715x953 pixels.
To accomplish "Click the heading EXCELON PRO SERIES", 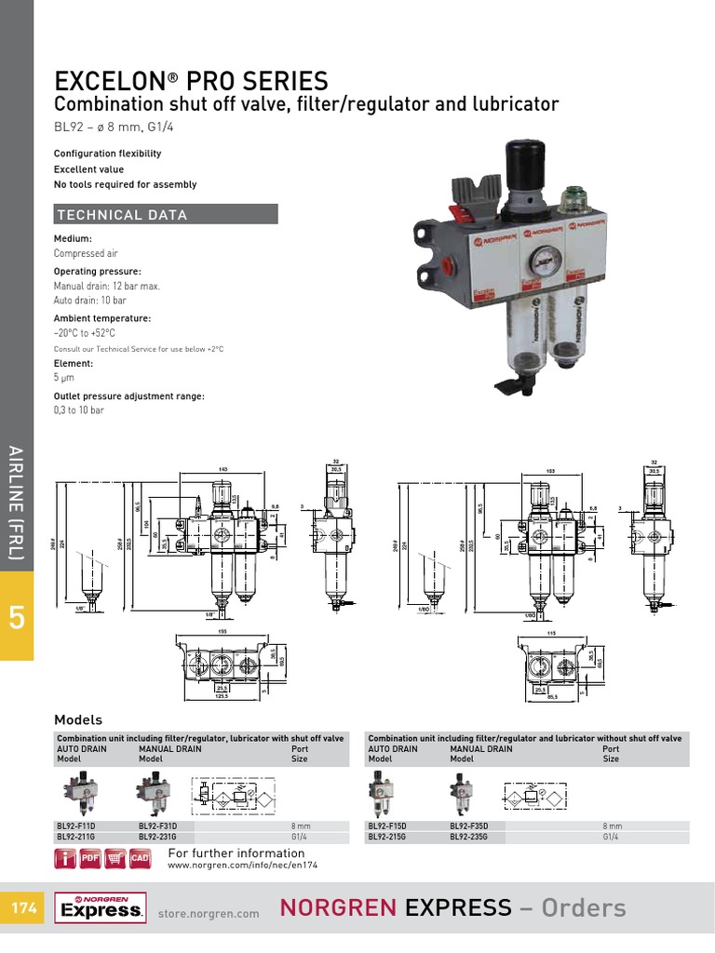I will coord(191,80).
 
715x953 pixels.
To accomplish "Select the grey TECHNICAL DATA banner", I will coord(166,215).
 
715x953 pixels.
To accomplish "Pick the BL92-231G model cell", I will coord(157,837).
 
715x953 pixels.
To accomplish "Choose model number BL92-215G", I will coord(386,837).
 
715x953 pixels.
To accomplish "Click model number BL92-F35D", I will coord(469,825).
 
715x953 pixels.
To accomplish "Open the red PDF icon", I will coord(90,858).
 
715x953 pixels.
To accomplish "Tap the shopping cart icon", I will coord(115,858).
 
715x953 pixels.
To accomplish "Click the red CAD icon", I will coord(140,858).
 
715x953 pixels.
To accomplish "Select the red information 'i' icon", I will coord(66,858).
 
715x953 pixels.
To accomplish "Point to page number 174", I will coord(21,907).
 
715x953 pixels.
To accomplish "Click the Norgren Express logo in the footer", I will coord(100,907).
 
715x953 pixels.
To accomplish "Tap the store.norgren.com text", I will coord(209,914).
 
